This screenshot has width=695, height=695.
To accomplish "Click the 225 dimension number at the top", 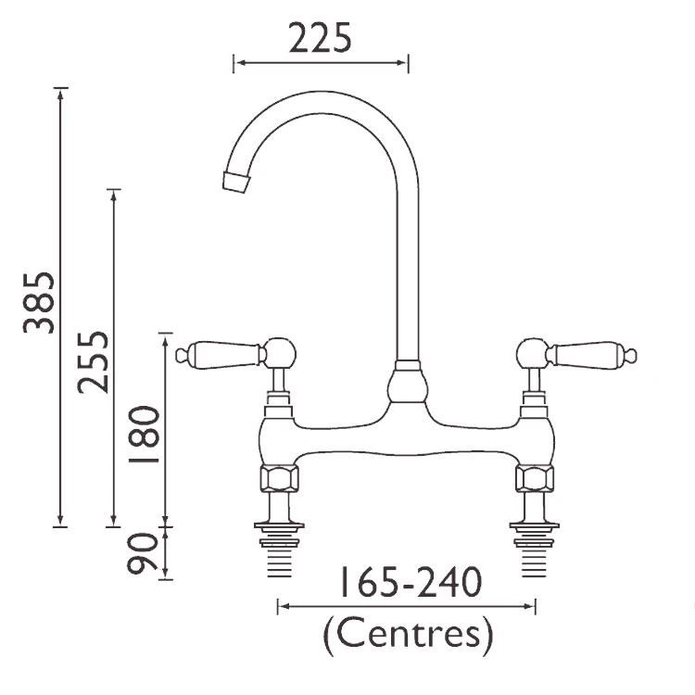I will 321,38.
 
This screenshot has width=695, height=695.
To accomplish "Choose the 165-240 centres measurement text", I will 408,584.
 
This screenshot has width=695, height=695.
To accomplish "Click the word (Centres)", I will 407,636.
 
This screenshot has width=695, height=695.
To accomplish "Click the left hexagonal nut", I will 278,479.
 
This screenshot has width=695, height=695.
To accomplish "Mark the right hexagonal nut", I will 535,479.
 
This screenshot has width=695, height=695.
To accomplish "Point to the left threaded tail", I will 278,556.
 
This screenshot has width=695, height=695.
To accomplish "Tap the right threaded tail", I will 535,556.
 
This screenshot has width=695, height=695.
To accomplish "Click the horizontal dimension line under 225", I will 321,63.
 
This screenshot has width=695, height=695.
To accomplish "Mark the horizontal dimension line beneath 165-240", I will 407,607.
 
